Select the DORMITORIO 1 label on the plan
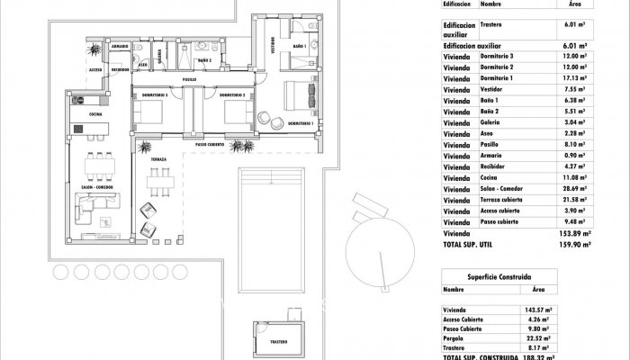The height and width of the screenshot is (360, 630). click(298, 122)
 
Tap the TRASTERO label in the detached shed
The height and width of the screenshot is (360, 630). click(278, 341)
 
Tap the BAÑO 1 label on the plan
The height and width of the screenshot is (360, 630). click(300, 44)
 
